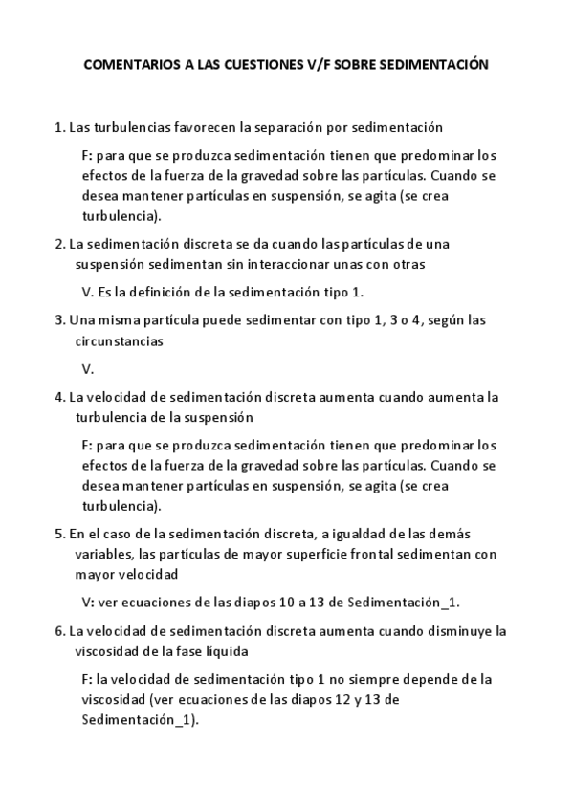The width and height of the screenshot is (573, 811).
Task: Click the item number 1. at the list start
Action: (59, 126)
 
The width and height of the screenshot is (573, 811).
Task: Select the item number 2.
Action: (59, 243)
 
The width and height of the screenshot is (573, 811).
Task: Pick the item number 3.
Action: (59, 320)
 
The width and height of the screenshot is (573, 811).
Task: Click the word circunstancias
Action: (119, 340)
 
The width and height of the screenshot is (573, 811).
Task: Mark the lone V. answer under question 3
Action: (88, 368)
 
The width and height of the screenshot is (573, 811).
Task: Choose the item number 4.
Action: (59, 397)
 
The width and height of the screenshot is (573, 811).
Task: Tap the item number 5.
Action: (59, 534)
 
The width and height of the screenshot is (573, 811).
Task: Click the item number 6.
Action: (59, 631)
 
